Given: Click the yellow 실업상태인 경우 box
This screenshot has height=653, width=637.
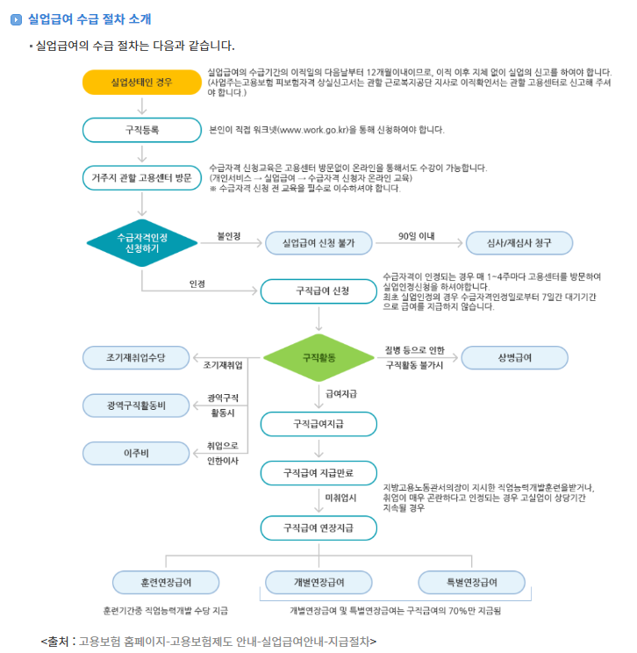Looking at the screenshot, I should click(141, 83).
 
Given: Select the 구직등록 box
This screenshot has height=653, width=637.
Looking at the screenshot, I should click(141, 130).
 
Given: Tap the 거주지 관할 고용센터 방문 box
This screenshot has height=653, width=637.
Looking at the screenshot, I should click(141, 177).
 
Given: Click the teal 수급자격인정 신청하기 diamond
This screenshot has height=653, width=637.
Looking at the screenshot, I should click(141, 242).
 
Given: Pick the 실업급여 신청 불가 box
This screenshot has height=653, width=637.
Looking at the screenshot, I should click(318, 243).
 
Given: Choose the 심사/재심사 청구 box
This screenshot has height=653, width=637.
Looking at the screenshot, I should click(519, 243).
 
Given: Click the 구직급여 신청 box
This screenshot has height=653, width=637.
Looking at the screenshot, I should click(318, 291).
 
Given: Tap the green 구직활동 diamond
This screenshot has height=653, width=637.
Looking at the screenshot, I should click(318, 358).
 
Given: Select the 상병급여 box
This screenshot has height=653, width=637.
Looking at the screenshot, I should click(515, 358).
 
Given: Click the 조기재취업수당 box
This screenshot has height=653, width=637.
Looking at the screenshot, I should click(136, 357).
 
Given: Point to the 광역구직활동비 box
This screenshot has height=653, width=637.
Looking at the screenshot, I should click(136, 405).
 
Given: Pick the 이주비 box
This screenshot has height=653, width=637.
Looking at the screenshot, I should click(136, 453).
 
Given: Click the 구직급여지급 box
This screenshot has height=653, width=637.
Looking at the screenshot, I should click(318, 424).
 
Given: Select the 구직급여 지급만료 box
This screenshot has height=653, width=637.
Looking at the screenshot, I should click(318, 473).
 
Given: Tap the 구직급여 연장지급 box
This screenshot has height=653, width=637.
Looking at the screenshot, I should click(318, 528).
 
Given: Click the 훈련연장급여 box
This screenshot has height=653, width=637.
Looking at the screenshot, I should click(166, 582).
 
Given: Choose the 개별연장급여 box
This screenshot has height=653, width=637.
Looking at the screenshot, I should click(318, 582).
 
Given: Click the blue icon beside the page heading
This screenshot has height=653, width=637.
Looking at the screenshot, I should click(16, 18).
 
